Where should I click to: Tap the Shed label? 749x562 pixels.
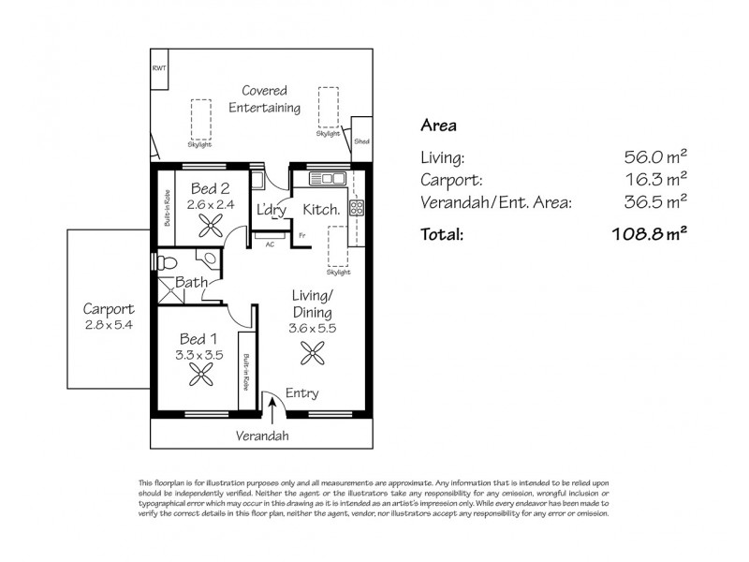[x=361, y=141]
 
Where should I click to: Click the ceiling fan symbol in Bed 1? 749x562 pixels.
[x=200, y=376]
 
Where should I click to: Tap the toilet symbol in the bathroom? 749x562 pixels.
[x=164, y=261]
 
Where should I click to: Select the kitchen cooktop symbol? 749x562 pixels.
[x=356, y=209]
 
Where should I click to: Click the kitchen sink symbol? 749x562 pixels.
[x=328, y=178]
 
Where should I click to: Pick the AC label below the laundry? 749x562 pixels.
[x=271, y=246]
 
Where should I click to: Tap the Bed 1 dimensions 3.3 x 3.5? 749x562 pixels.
[x=200, y=355]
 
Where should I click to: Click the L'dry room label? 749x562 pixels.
[x=271, y=211]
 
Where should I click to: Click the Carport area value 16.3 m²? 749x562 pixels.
[x=655, y=179]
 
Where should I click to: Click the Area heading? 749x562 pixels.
[x=438, y=125]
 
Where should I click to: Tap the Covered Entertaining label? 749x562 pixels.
[x=265, y=99]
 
